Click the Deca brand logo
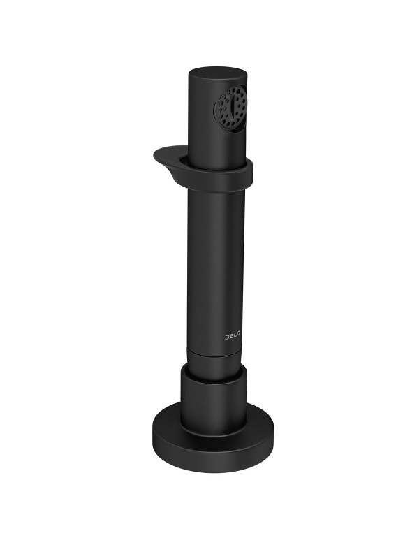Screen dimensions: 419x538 click(233, 337)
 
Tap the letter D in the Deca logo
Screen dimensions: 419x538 click(227, 337)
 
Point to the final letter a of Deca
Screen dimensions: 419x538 click(238, 337)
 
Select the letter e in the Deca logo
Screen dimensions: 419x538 click(231, 337)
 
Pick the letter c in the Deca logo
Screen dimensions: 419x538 click(235, 337)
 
